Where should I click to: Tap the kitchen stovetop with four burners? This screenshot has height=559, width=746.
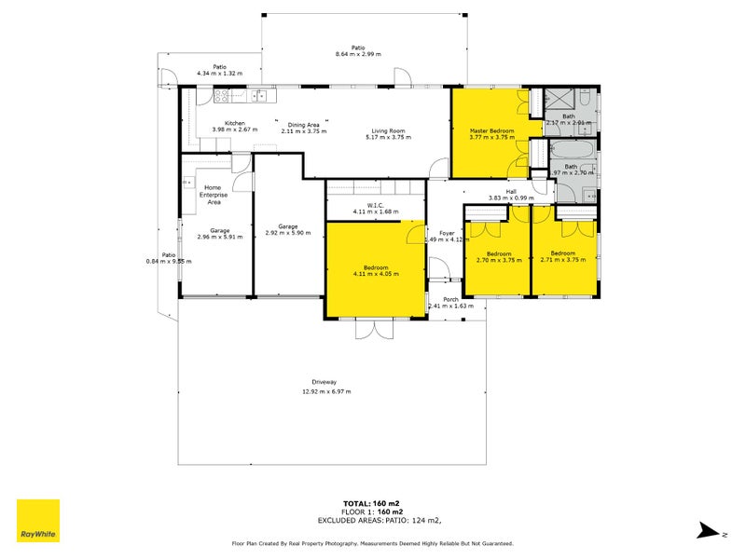pos(222,96)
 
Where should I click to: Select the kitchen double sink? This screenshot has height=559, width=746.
pos(260,96)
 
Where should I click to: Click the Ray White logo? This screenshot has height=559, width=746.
pos(38,521)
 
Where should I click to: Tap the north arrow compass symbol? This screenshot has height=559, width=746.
pos(707,530)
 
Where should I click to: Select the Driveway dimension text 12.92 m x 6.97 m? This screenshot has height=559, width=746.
pos(325,391)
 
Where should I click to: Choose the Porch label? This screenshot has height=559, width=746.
pos(450,299)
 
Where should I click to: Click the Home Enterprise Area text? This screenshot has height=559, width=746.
pos(213,194)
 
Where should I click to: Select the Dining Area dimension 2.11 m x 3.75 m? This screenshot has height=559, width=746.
pos(303,131)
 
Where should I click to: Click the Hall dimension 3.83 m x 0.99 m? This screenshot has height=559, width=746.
pos(510,198)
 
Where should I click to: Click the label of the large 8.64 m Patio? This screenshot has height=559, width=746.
pos(357,48)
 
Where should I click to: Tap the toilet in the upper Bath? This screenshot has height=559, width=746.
pos(584,101)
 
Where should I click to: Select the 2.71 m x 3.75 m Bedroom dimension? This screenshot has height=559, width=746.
pos(562,260)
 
